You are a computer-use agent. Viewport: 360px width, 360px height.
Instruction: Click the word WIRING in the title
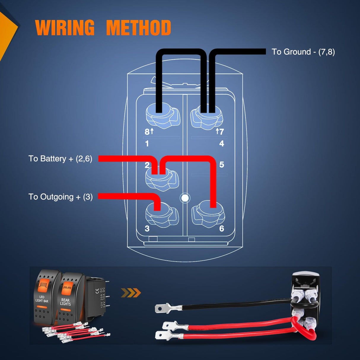[x=65, y=28]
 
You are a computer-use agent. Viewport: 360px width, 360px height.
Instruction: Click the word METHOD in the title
[x=138, y=28]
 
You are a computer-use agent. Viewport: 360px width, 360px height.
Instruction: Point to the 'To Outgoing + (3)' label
[x=60, y=197]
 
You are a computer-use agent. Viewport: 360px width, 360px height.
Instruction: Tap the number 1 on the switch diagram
[x=147, y=144]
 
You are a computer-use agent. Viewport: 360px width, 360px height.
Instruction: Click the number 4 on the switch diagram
[x=222, y=144]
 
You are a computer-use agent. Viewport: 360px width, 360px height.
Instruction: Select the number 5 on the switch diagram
[x=222, y=165]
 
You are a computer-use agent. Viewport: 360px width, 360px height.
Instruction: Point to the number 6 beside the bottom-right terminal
[x=222, y=229]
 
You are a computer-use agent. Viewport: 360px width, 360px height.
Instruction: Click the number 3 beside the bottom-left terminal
[x=147, y=229]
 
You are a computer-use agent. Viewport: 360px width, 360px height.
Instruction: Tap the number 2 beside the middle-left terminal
[x=147, y=165]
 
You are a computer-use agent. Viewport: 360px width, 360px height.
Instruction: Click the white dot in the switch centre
[x=185, y=198]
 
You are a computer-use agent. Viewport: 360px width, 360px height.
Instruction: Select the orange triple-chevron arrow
[x=131, y=293]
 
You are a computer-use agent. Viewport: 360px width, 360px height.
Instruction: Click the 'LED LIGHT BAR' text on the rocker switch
[x=42, y=299]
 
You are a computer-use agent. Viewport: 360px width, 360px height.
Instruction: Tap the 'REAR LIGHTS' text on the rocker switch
[x=66, y=302]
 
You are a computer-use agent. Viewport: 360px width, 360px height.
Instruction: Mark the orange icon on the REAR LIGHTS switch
[x=68, y=287]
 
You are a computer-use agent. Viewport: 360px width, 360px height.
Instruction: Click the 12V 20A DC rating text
[x=103, y=297]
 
